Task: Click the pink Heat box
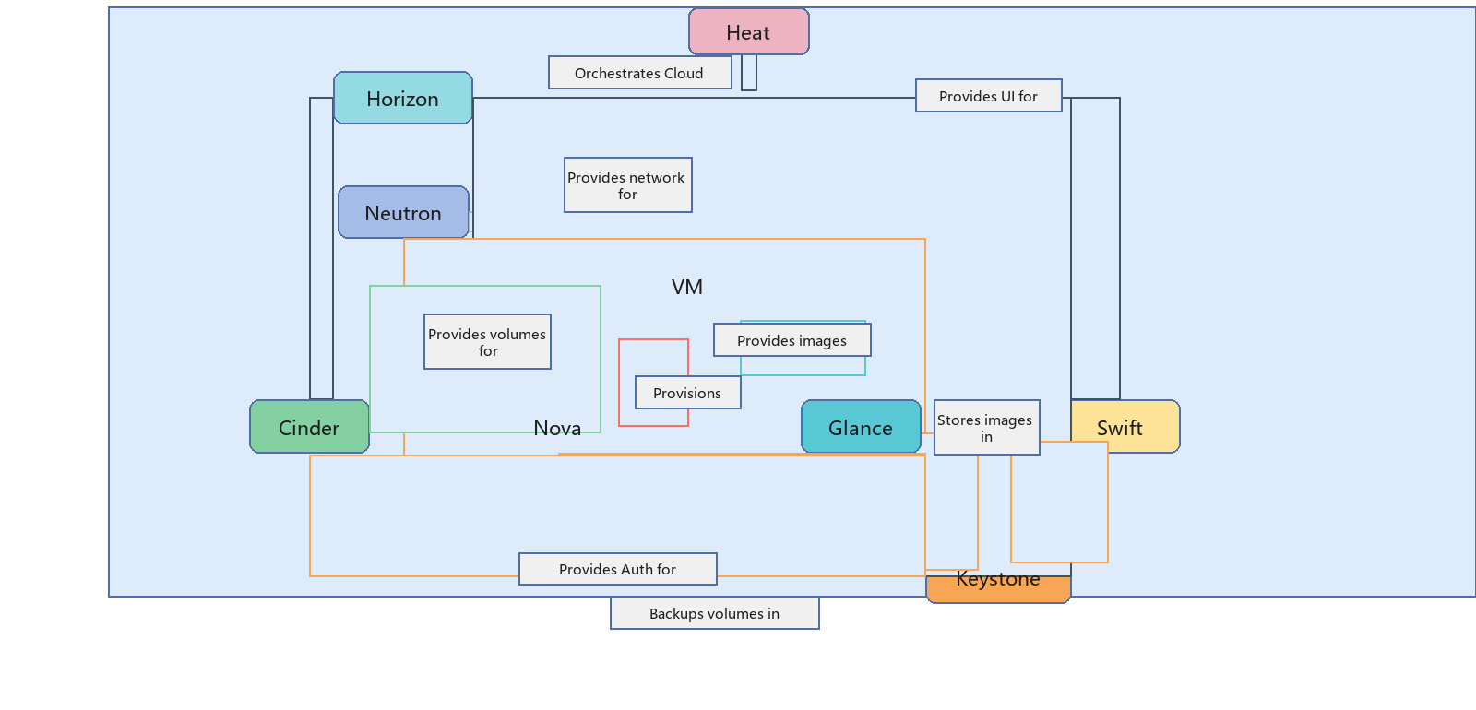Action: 748,31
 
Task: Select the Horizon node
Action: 402,98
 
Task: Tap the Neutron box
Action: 403,212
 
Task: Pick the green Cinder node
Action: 309,427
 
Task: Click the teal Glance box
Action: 861,427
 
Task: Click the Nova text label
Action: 557,429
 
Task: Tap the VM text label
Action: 687,287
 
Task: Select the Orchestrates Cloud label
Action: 640,73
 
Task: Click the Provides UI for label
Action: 988,96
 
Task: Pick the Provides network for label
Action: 628,185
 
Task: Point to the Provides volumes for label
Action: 488,342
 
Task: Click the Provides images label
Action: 792,340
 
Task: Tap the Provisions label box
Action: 688,393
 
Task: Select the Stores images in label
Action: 986,428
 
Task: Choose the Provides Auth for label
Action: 617,569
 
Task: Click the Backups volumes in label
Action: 714,613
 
